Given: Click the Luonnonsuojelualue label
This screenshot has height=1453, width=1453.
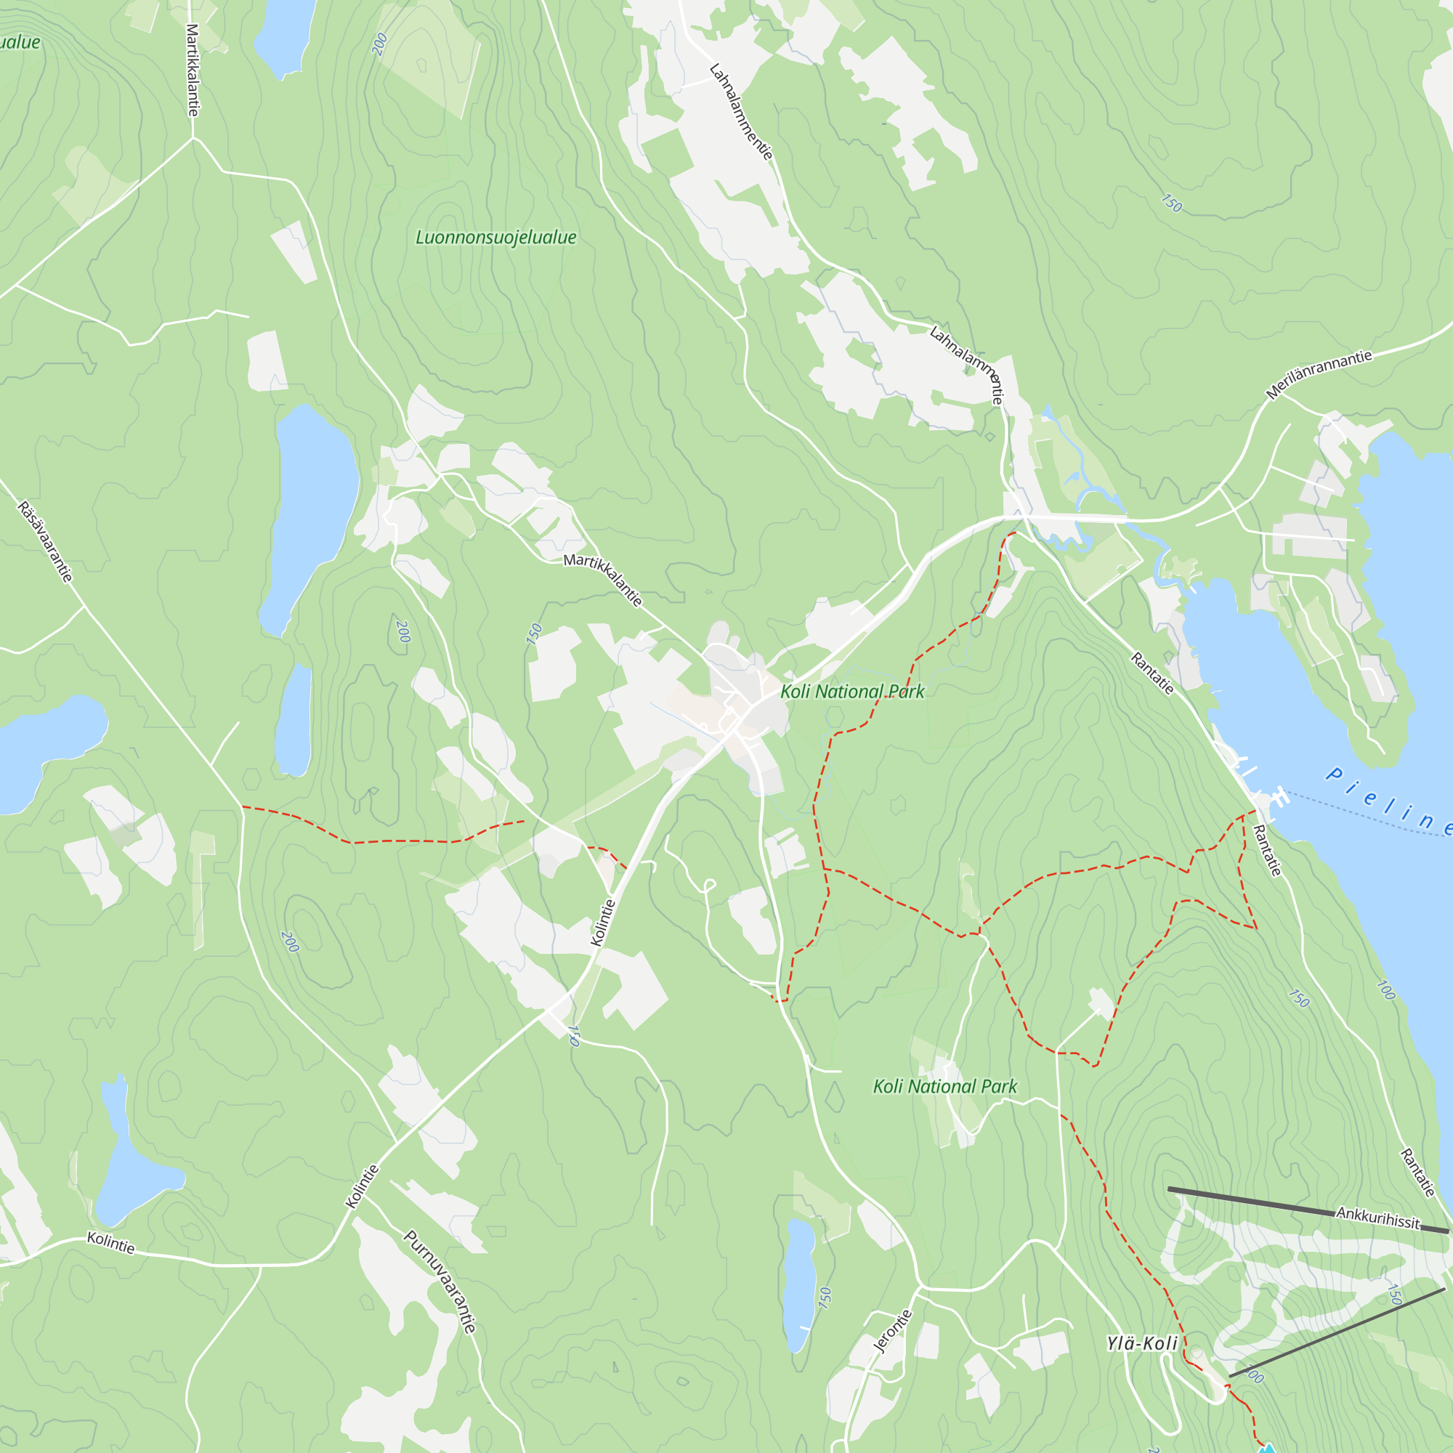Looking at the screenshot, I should [x=495, y=238].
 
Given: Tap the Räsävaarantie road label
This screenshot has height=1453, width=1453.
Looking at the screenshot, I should [x=46, y=541].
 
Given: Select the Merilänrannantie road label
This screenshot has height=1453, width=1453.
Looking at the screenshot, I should [x=1319, y=373].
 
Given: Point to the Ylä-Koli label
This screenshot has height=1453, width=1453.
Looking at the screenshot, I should [x=1141, y=1343].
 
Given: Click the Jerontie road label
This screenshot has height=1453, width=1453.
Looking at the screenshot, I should [x=893, y=1330].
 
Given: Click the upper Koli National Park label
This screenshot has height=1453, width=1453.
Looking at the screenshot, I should [x=852, y=691].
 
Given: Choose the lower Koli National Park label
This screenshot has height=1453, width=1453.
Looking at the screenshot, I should [x=944, y=1086].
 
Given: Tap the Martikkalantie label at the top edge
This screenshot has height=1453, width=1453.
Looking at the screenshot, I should [x=193, y=70].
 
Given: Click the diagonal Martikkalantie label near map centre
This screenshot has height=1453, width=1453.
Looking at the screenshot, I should [x=603, y=580].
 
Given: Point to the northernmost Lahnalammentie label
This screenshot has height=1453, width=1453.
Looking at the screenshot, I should [x=741, y=112].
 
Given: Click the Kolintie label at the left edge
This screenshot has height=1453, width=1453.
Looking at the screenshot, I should [x=110, y=1242].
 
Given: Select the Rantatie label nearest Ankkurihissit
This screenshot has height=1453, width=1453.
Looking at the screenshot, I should [x=1417, y=1173].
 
